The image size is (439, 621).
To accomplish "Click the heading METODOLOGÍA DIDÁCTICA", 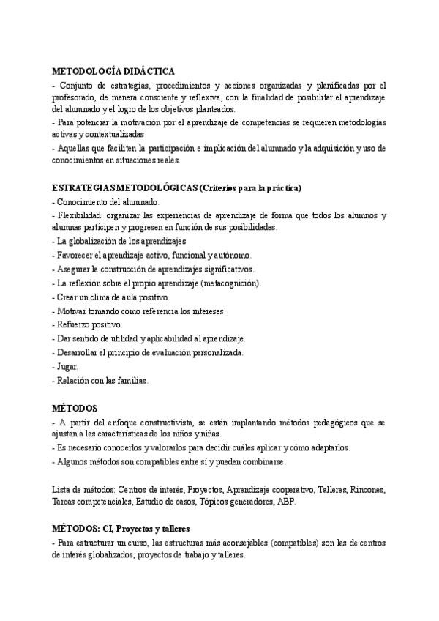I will point(113,72).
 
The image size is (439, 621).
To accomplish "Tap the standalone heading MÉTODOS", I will point(76,407).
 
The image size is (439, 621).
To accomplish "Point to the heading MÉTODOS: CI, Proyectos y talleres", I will point(121,529).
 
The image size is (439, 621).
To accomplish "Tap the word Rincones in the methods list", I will point(368,488).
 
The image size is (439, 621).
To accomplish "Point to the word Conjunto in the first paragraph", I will point(77,86).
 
